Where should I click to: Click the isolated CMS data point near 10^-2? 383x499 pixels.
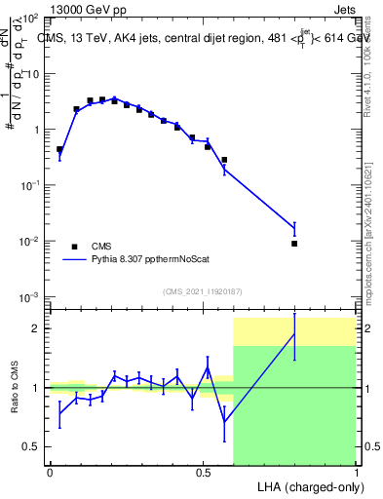294,243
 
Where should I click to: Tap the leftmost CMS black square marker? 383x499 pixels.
59,150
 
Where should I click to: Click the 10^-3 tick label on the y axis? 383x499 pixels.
29,296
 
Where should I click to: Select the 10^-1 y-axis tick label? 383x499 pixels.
29,185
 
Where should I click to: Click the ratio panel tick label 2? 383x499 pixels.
35,328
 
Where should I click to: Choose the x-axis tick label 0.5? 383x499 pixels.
203,473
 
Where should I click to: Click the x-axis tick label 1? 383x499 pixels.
356,473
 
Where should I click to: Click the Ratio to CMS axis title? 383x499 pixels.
15,387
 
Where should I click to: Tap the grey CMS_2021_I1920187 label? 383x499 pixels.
203,291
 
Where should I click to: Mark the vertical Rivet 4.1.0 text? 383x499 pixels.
371,58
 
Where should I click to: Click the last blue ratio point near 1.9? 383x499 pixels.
294,334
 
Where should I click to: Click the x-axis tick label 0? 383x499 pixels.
50,473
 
